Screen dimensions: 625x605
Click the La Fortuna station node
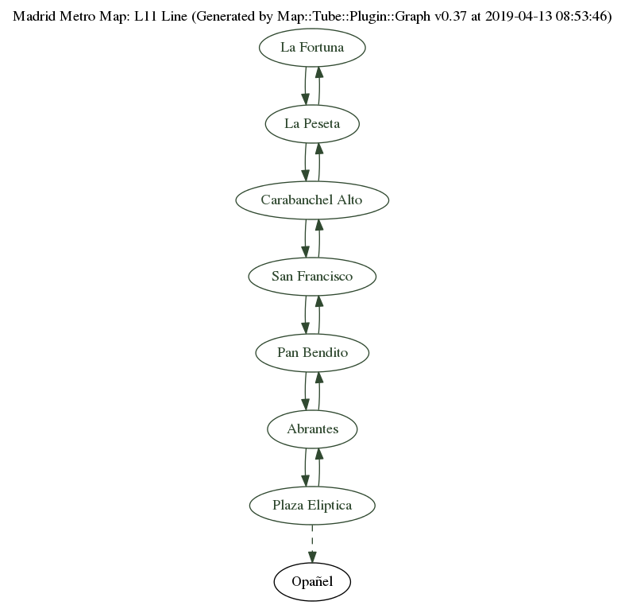click(312, 48)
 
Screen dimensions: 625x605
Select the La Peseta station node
click(312, 124)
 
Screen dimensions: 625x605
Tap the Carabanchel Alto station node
click(312, 200)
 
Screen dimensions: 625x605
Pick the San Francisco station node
click(312, 277)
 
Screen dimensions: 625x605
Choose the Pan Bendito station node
click(312, 353)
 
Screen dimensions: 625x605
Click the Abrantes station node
click(312, 429)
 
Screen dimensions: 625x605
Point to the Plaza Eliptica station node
click(312, 506)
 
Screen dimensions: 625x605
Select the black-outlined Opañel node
click(312, 582)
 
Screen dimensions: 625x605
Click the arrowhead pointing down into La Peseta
click(305, 98)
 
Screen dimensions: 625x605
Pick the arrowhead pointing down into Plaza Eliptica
click(305, 479)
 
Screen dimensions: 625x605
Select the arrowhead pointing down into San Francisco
click(305, 250)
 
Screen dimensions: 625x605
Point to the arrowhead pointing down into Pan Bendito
click(305, 327)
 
